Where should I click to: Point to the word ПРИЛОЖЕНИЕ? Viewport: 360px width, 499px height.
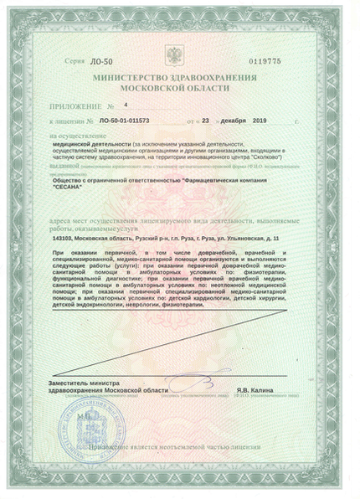click(75, 107)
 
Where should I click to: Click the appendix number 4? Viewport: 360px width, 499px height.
click(125, 106)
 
